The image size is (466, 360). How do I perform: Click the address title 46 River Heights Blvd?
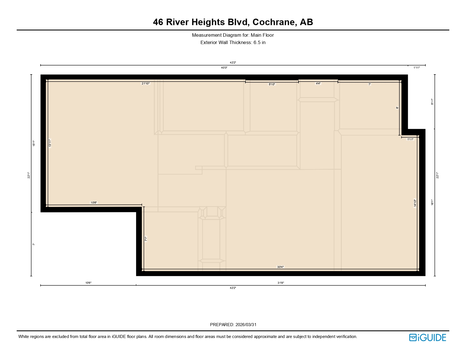click(233, 22)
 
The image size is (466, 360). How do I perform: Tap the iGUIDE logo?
click(428, 337)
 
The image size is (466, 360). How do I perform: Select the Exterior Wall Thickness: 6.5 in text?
click(233, 43)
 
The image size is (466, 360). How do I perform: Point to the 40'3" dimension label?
click(224, 68)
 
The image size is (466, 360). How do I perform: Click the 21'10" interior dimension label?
click(146, 84)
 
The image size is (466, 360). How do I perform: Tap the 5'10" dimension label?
click(272, 84)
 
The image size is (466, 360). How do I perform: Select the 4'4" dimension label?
click(318, 84)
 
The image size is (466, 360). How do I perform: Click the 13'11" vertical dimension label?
click(50, 143)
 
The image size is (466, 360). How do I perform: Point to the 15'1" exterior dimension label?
click(34, 143)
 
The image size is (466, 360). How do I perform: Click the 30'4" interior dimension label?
click(280, 267)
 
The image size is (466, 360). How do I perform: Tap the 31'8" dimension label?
click(280, 283)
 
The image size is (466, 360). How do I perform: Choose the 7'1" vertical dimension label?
click(146, 239)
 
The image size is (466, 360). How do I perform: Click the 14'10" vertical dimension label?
click(415, 203)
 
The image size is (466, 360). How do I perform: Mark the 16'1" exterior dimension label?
click(432, 202)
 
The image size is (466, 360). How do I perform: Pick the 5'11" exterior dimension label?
click(432, 102)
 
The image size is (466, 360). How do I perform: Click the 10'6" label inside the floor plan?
click(94, 202)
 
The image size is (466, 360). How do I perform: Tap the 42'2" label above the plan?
click(233, 62)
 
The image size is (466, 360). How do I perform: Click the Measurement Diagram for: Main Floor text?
click(233, 35)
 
